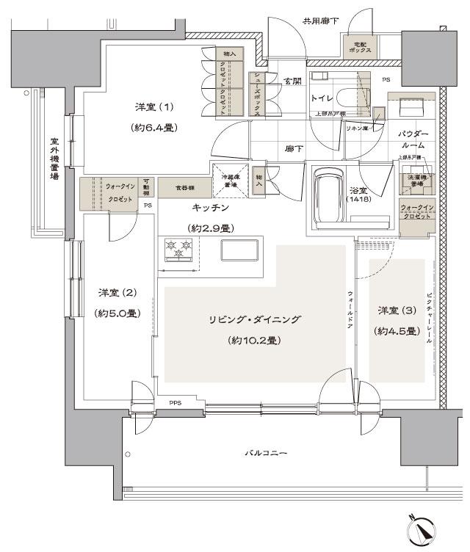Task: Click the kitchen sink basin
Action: [x=236, y=250]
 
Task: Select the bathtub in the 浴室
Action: [x=328, y=197]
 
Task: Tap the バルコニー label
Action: [x=265, y=453]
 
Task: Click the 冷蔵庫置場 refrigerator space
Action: [x=229, y=180]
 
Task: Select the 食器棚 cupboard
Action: [x=175, y=187]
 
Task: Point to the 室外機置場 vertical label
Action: [x=54, y=161]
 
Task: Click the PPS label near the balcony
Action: [x=175, y=403]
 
